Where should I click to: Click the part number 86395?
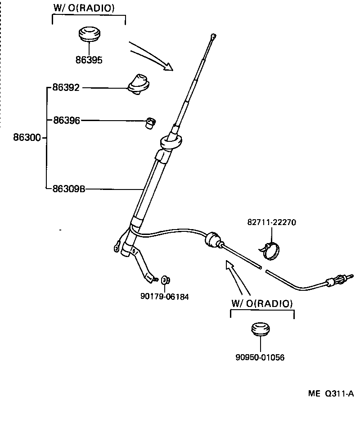coord(89,60)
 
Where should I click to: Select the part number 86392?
coord(66,88)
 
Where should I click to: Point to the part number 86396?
coord(66,120)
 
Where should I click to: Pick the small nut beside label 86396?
coord(150,122)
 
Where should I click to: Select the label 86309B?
coord(68,189)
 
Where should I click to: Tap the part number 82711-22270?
coord(271,222)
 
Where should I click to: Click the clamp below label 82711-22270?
coord(271,250)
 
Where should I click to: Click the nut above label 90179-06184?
coord(165,281)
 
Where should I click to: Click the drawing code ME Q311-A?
coord(331,393)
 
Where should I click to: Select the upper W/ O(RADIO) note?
coord(84,8)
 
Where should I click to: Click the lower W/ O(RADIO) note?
coord(262,303)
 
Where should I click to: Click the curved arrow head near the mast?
coord(168,67)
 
